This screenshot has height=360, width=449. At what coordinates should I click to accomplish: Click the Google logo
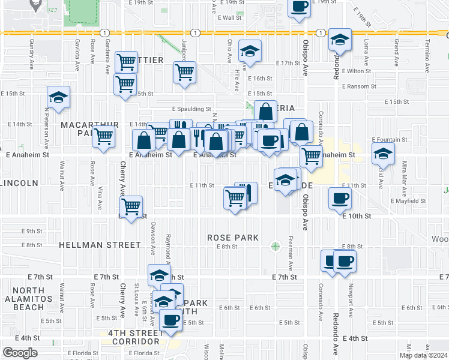click(x=20, y=353)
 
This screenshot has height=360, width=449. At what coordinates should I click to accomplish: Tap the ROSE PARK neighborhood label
click(x=233, y=238)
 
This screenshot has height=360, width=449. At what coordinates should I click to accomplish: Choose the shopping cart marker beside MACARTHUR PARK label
click(x=104, y=137)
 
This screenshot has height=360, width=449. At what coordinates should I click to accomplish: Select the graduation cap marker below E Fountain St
click(x=383, y=155)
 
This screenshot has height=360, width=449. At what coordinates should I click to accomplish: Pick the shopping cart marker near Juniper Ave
click(x=185, y=72)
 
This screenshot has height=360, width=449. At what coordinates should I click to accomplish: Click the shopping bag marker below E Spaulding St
click(x=265, y=112)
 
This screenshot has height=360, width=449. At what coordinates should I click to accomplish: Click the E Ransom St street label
click(x=359, y=86)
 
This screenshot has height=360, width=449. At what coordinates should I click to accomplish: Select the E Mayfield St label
click(x=408, y=202)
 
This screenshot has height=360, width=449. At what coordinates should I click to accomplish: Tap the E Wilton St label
click(x=358, y=71)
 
